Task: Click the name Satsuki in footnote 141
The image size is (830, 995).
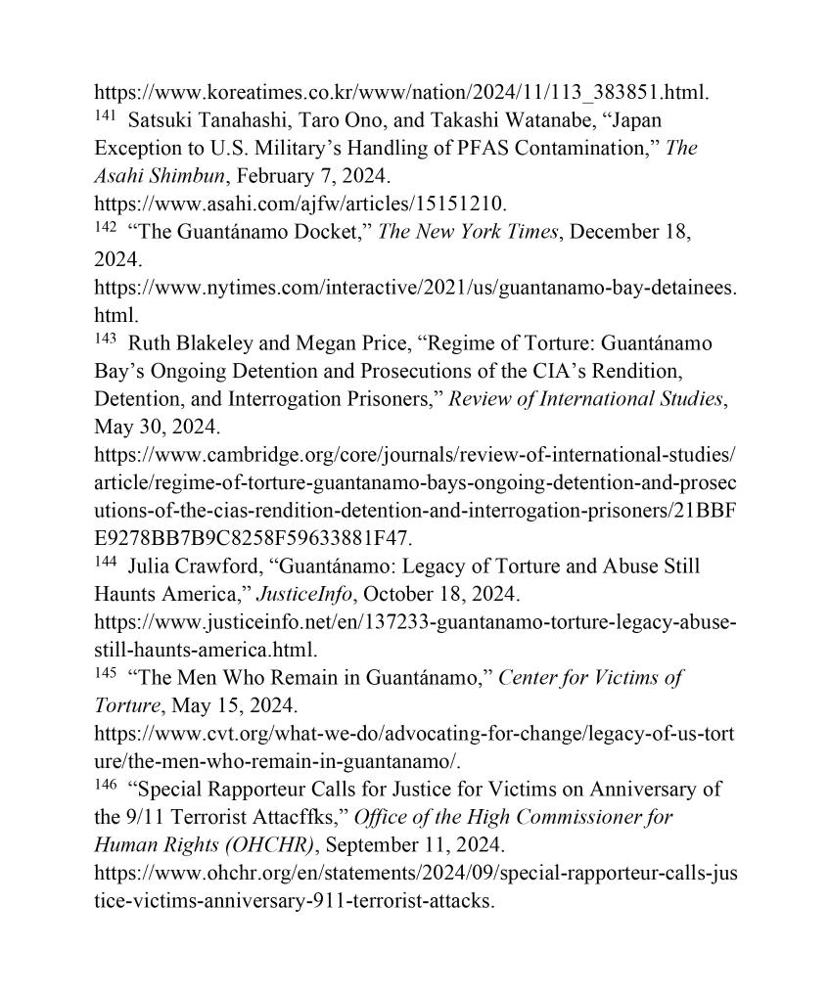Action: tap(159, 121)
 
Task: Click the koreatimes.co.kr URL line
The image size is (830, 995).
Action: tap(401, 94)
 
